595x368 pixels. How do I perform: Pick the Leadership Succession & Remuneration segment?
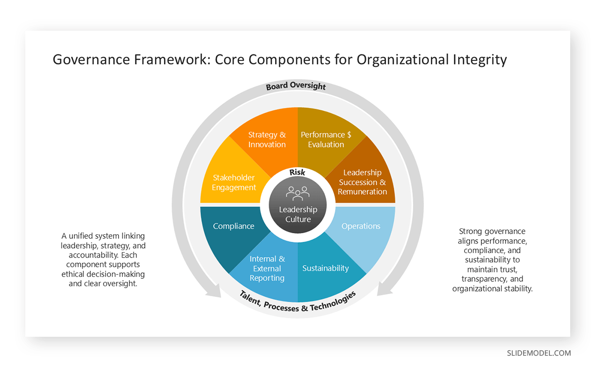click(x=362, y=182)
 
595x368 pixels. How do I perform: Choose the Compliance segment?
click(x=234, y=226)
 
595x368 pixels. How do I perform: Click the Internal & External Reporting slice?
click(x=267, y=268)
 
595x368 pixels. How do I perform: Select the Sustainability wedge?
click(x=326, y=268)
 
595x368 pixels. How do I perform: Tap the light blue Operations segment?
click(x=361, y=226)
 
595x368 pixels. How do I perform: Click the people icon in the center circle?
click(x=297, y=193)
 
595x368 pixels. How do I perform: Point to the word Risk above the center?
click(x=297, y=172)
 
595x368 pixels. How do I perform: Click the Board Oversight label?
click(x=296, y=87)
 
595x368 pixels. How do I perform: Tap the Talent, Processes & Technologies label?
click(x=298, y=302)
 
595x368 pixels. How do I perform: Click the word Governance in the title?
click(x=92, y=60)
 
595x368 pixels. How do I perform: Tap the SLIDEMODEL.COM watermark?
click(x=538, y=353)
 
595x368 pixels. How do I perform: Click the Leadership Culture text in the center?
click(x=298, y=214)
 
